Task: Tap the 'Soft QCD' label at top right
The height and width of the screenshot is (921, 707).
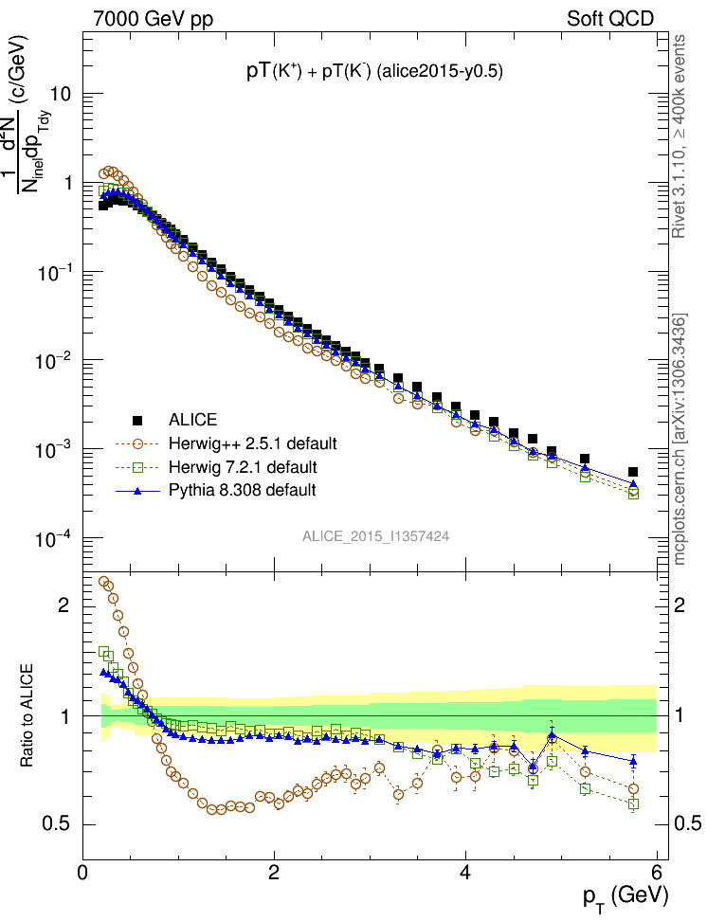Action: click(609, 19)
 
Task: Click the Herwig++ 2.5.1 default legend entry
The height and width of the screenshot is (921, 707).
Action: click(252, 443)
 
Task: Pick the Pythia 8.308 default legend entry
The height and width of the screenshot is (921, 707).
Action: click(242, 491)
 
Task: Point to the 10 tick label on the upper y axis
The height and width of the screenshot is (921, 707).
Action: click(63, 95)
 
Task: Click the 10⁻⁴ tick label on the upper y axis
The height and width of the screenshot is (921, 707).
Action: click(54, 539)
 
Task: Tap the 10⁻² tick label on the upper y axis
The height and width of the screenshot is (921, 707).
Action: click(54, 361)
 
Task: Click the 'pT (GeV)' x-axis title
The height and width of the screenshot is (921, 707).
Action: click(626, 895)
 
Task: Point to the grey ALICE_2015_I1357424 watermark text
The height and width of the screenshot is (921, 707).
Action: click(375, 535)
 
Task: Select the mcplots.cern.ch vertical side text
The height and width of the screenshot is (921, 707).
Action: click(679, 441)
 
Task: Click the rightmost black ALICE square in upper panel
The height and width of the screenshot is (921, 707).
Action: click(633, 472)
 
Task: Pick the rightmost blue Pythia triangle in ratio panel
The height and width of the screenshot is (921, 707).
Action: click(633, 761)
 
